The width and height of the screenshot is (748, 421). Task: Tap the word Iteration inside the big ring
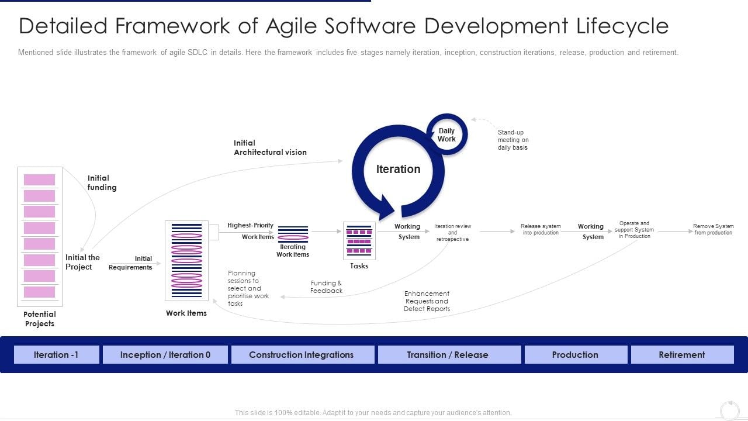[x=398, y=169]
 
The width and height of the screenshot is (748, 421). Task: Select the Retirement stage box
[x=682, y=354]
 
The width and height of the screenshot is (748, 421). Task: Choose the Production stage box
[x=576, y=354]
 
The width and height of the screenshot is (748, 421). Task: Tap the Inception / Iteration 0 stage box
[x=165, y=354]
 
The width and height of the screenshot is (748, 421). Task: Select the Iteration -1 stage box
[x=57, y=354]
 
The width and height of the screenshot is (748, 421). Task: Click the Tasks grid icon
[x=359, y=240]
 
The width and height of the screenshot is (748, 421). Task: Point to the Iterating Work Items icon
[x=293, y=234]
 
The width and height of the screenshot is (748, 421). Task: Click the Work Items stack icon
[x=186, y=261]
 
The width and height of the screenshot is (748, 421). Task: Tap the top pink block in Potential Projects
[x=39, y=180]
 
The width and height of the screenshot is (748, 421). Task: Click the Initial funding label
[x=102, y=183]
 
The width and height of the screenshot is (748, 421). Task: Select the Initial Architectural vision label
[x=270, y=148]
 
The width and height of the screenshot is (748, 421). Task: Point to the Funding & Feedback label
[x=326, y=287]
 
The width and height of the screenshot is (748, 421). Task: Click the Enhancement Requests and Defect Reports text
[x=427, y=301]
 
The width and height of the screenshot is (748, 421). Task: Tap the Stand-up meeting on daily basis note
[x=513, y=140]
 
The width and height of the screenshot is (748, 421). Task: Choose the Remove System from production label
[x=714, y=229]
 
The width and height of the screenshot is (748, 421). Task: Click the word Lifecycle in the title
[x=622, y=26]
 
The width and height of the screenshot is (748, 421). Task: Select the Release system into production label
[x=541, y=229]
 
